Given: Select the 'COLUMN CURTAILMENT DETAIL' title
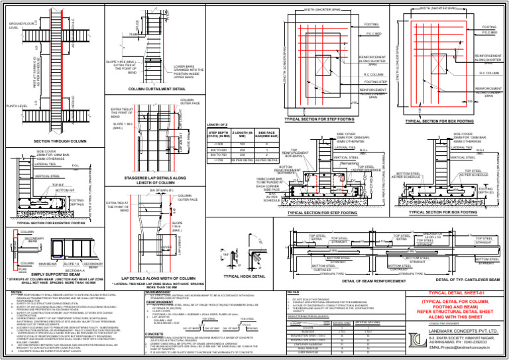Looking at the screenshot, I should coord(156,88).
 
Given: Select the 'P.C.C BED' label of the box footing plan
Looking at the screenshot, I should coord(488,32).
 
